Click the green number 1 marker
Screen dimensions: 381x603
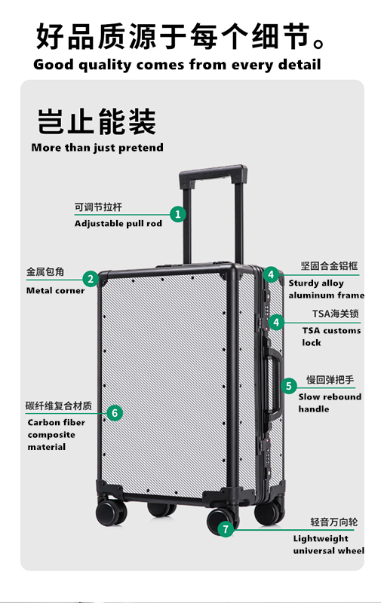(x=178, y=214)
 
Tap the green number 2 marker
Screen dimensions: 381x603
(x=91, y=279)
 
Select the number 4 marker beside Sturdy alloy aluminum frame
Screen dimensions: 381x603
(x=272, y=274)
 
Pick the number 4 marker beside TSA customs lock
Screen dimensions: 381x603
(x=276, y=322)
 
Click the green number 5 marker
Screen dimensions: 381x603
(x=289, y=386)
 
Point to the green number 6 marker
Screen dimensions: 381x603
(x=115, y=413)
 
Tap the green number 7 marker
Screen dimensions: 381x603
(x=226, y=530)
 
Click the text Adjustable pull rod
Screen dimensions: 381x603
(x=118, y=223)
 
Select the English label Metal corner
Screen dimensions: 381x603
(x=55, y=290)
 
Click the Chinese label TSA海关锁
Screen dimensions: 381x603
(x=336, y=314)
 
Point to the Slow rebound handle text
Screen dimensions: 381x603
(x=330, y=403)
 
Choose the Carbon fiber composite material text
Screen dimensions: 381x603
(x=56, y=435)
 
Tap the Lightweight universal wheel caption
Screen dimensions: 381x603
(x=329, y=544)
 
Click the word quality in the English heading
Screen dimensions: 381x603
(x=105, y=65)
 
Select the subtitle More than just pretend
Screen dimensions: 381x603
(x=97, y=147)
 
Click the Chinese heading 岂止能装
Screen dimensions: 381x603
(x=97, y=121)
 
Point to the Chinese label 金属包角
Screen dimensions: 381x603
(x=45, y=271)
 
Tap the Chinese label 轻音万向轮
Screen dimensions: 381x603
(x=334, y=522)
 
